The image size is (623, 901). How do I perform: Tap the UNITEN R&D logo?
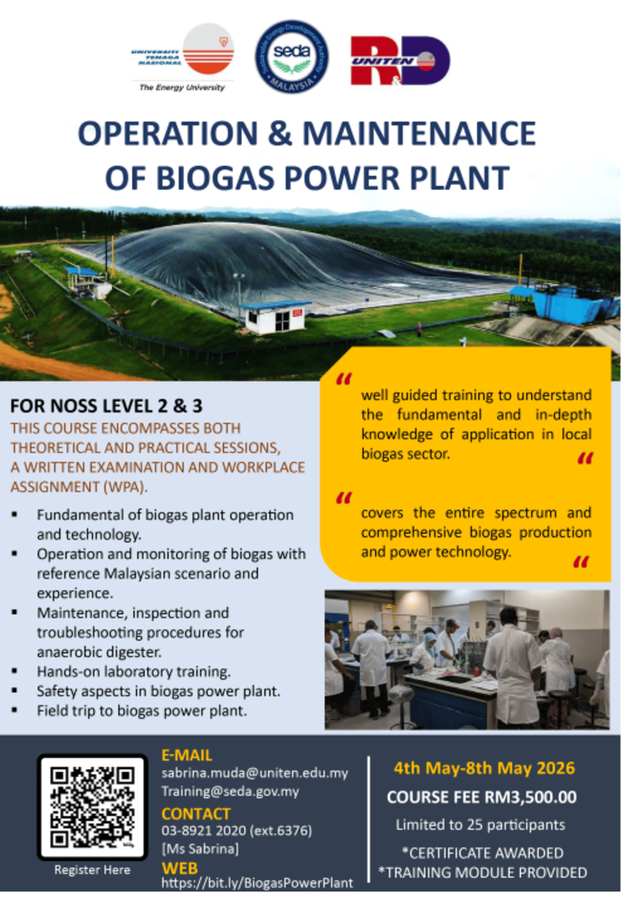[400, 60]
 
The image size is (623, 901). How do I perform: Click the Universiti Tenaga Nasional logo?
[183, 58]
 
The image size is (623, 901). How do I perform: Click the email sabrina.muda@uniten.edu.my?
[254, 773]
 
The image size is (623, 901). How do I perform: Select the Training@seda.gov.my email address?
[230, 791]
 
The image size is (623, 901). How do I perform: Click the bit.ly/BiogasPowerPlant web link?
[257, 883]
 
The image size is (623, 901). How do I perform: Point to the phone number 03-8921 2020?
[203, 830]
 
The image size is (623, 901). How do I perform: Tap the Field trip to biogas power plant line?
[142, 711]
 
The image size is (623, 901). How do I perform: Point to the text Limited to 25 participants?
[480, 824]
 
